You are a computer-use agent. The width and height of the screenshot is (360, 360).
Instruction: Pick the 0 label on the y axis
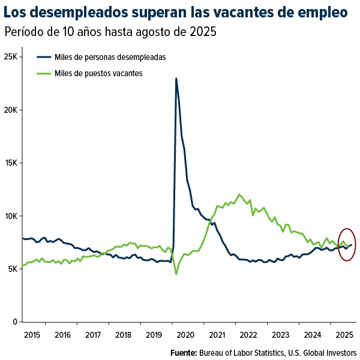point(17,322)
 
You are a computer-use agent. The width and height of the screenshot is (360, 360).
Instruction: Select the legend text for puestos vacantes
point(98,73)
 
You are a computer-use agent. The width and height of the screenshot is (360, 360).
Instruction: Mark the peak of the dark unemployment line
point(176,78)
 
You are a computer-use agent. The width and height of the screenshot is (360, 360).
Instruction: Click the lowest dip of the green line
point(176,274)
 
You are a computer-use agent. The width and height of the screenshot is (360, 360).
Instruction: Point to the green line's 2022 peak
point(239,194)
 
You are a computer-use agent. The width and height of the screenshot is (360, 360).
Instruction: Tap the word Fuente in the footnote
point(184,352)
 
